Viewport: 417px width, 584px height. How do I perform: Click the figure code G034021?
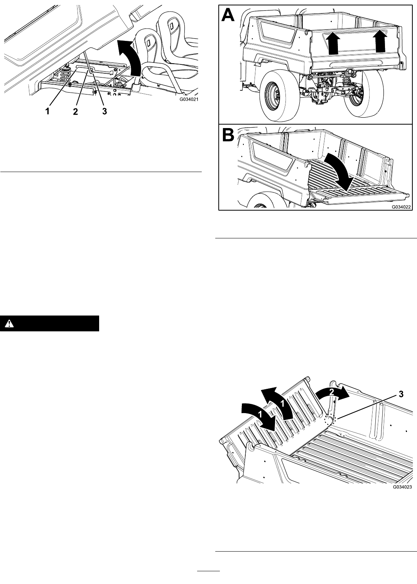point(187,100)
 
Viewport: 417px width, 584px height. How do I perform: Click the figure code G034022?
point(401,207)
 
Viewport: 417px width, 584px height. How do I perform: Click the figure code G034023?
point(402,487)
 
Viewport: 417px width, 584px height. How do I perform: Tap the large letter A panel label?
point(228,15)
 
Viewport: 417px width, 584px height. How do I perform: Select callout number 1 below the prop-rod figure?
point(47,111)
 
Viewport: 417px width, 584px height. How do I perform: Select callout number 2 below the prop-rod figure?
point(75,111)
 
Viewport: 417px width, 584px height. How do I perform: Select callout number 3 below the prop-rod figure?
point(104,111)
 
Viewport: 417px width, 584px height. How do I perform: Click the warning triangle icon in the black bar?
point(10,324)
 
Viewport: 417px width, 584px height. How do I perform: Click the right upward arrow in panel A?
point(380,41)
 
